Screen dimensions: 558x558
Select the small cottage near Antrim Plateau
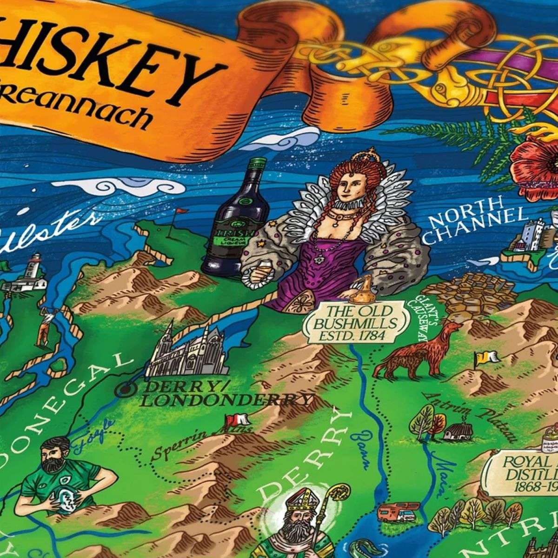(x=458, y=432)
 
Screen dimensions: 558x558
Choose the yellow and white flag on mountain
(x=484, y=358)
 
